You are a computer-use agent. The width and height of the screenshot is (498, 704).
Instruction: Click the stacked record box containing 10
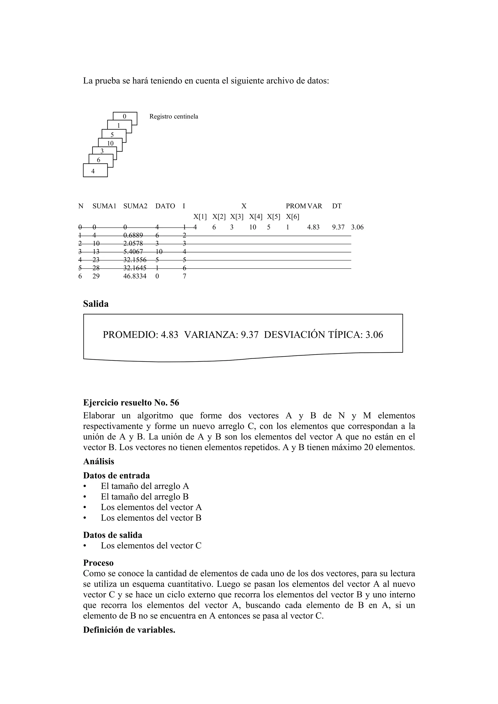point(110,143)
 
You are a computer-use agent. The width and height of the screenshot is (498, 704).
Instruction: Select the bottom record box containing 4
point(95,171)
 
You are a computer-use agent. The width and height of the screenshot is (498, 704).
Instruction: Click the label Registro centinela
point(174,117)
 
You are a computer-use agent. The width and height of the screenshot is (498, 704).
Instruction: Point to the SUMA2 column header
point(135,206)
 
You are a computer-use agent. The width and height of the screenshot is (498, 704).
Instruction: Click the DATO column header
point(165,206)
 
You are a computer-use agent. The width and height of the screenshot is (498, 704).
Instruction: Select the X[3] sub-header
point(237,217)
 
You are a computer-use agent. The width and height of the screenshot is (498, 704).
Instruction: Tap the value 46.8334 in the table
point(135,276)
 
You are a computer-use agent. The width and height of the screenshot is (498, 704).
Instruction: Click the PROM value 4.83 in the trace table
point(313,227)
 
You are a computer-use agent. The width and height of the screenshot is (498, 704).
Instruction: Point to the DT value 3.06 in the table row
point(357,227)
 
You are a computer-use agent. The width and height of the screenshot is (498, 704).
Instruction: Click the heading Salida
point(96,304)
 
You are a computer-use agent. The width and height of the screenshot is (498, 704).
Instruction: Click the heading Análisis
point(98,462)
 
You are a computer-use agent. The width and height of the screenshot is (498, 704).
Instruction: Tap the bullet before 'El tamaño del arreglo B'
point(85,497)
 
